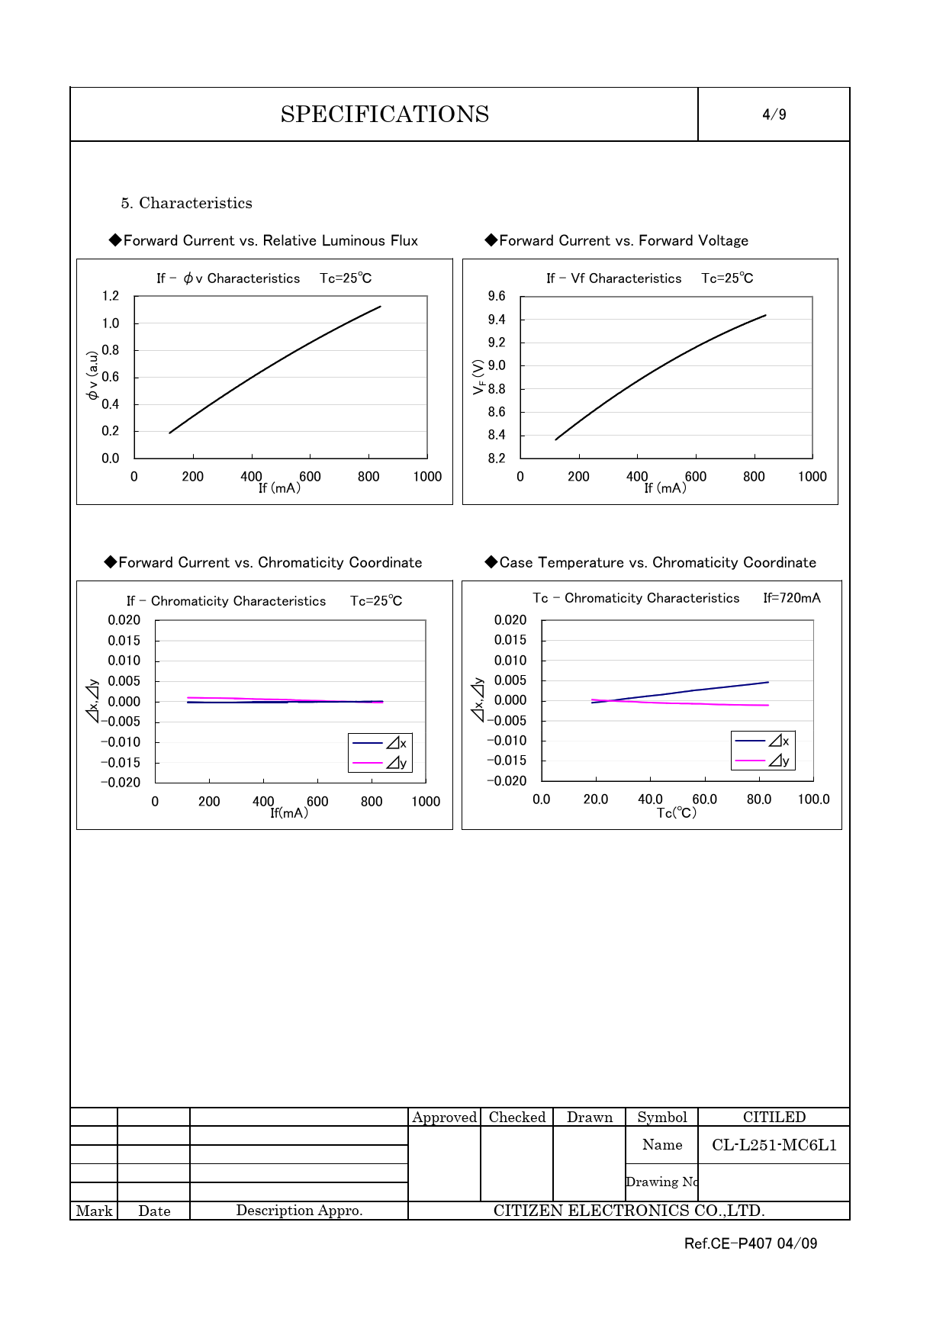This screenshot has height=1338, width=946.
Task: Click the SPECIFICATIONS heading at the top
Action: [385, 114]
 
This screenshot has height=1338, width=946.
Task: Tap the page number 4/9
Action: [774, 114]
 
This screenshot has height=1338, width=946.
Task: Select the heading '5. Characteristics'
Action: [186, 203]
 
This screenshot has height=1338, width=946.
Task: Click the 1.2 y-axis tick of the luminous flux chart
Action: [111, 296]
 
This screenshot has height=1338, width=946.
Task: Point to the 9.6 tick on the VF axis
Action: [497, 296]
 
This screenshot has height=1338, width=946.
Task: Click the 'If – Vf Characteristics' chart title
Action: [613, 278]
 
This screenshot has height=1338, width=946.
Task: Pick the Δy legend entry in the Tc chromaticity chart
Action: [764, 761]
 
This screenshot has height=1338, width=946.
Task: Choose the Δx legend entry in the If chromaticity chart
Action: [380, 743]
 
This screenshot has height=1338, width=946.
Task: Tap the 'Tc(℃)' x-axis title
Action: [677, 813]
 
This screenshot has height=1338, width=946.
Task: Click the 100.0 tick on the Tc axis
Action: [813, 799]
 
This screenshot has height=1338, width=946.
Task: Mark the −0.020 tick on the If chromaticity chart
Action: [121, 783]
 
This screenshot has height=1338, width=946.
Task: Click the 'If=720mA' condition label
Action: [792, 598]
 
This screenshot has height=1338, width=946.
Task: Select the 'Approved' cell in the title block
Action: [444, 1118]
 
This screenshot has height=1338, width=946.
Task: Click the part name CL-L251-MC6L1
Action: [774, 1145]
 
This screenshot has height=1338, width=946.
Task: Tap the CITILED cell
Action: [774, 1118]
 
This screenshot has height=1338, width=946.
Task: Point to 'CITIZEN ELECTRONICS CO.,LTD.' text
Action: [629, 1211]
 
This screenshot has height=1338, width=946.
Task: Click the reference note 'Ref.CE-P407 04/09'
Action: [751, 1243]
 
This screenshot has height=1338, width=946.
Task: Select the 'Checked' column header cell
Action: [516, 1118]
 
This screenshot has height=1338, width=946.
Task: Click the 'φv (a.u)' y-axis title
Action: [92, 375]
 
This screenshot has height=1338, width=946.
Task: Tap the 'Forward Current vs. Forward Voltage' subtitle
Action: [623, 241]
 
